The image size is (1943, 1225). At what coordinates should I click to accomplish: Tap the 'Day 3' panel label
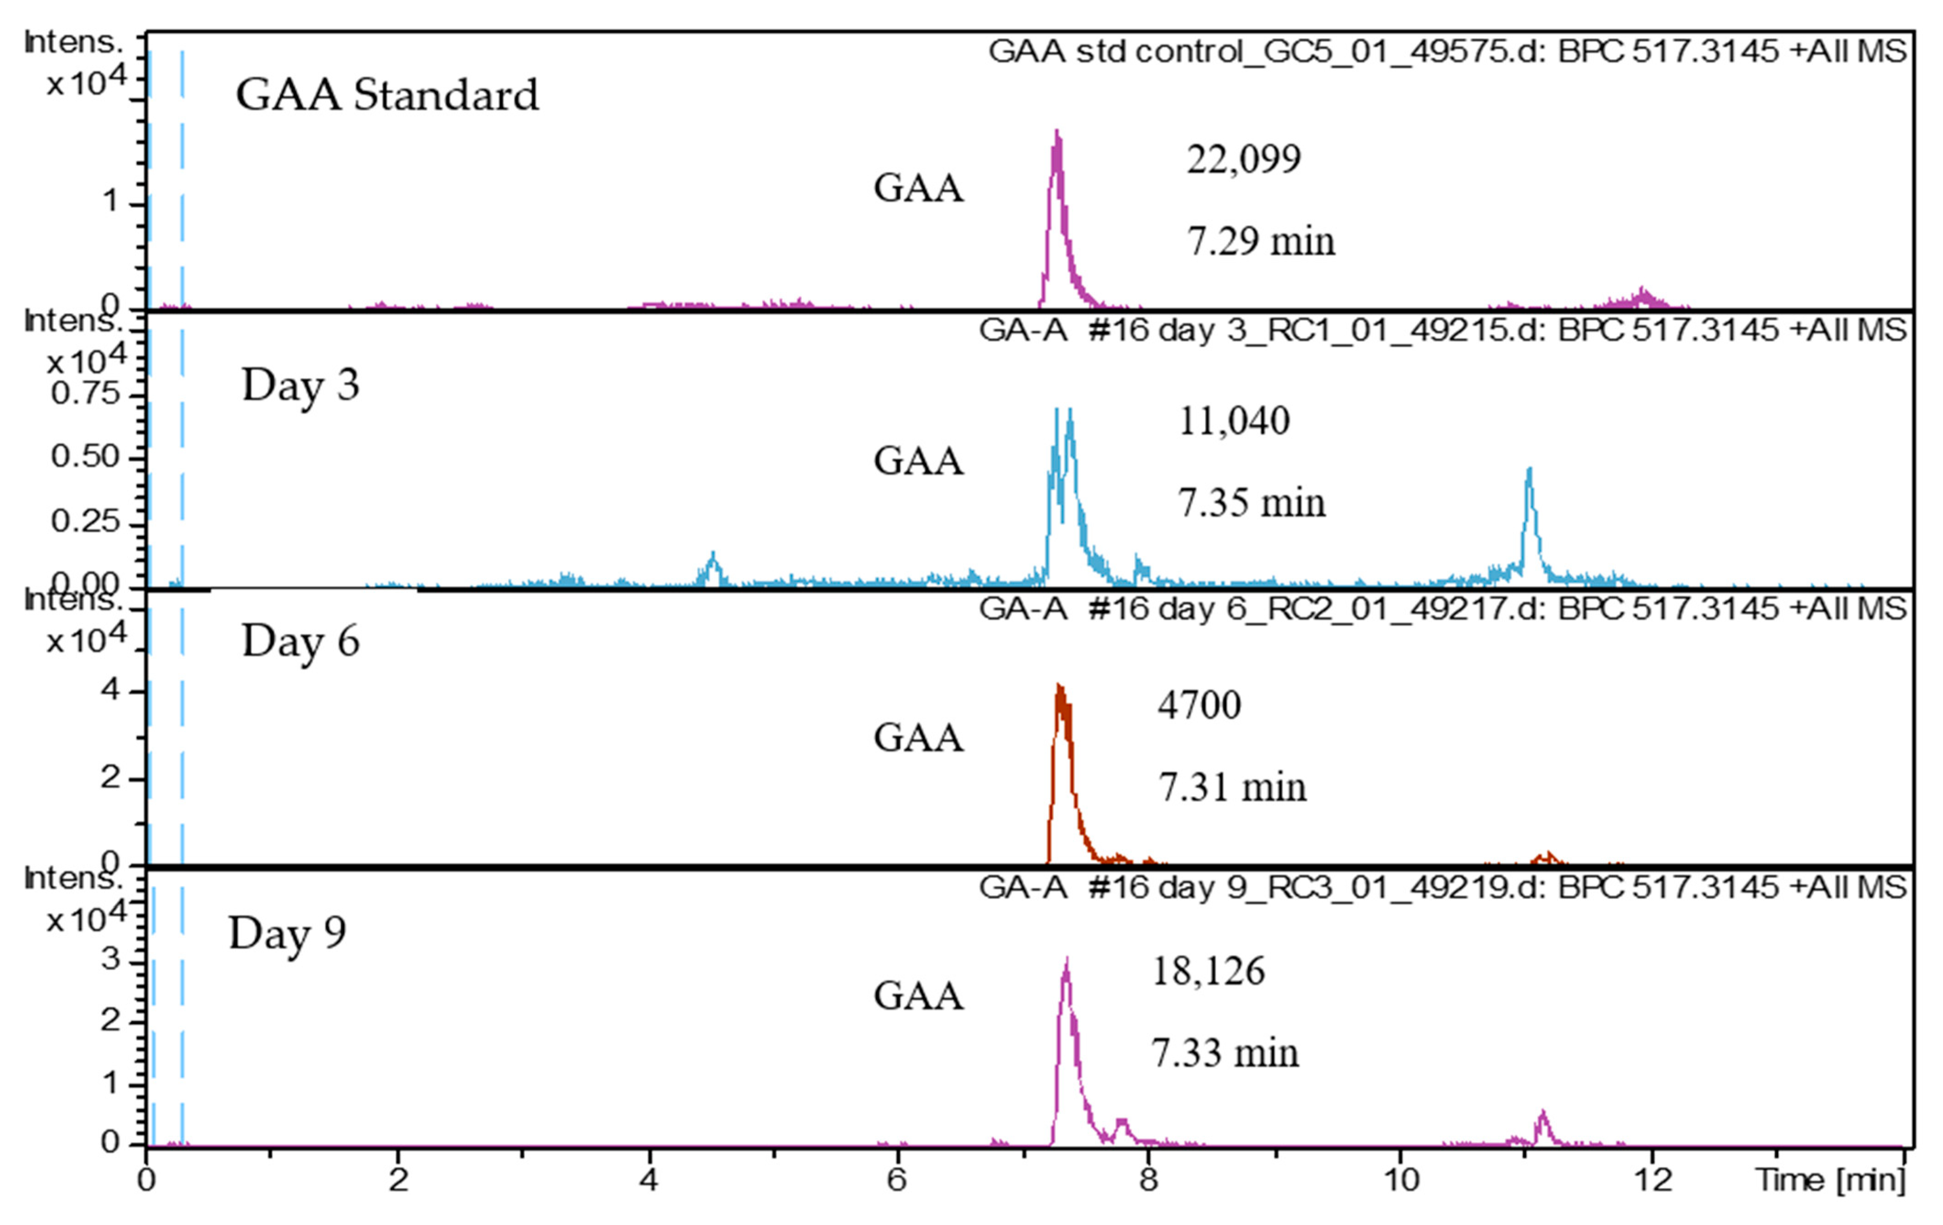click(300, 385)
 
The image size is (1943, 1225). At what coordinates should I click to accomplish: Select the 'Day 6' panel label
click(300, 642)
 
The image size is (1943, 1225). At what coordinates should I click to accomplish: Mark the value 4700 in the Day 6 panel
click(1199, 705)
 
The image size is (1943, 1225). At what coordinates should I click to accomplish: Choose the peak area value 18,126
click(1208, 971)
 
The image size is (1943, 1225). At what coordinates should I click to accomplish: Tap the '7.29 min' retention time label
click(1260, 241)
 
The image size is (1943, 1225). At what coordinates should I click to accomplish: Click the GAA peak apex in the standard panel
click(1056, 133)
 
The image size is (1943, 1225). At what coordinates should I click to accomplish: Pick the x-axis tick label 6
click(896, 1180)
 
